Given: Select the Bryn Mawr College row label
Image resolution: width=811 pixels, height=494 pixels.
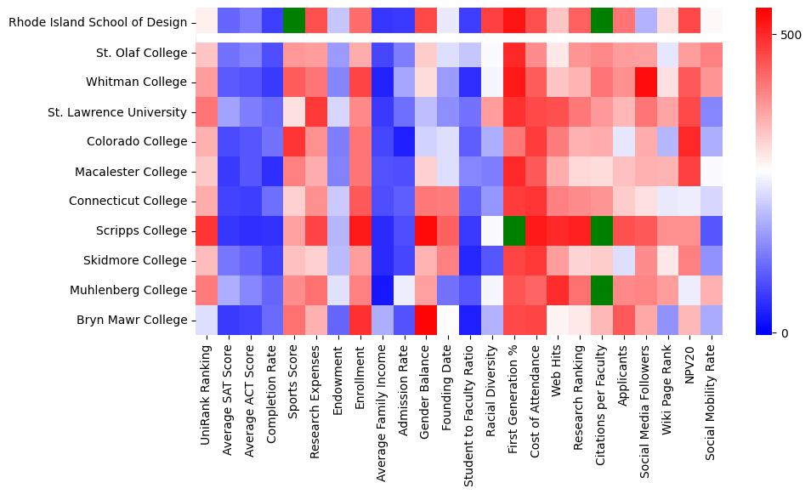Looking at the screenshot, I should [x=132, y=320].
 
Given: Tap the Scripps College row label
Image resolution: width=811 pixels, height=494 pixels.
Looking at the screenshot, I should [x=139, y=230].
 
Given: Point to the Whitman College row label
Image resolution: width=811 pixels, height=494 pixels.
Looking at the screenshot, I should [x=136, y=82].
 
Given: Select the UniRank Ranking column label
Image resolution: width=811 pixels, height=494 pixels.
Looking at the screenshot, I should [x=205, y=399].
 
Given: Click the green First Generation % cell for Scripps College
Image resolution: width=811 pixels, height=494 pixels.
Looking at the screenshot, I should [x=514, y=230].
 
